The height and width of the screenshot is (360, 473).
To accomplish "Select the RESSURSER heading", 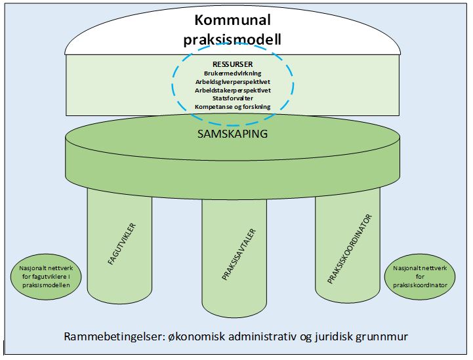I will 233,64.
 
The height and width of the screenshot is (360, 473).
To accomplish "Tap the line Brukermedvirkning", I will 233,74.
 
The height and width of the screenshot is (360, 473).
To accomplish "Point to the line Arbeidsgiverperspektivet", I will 233,82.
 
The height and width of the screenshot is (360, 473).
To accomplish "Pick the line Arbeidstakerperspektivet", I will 233,90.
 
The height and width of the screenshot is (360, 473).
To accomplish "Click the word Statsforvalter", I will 233,98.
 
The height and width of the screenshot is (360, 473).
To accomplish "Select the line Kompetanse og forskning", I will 233,106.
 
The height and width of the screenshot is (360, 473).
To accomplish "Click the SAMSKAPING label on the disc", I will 233,133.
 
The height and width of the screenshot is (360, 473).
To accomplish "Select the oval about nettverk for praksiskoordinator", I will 421,277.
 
